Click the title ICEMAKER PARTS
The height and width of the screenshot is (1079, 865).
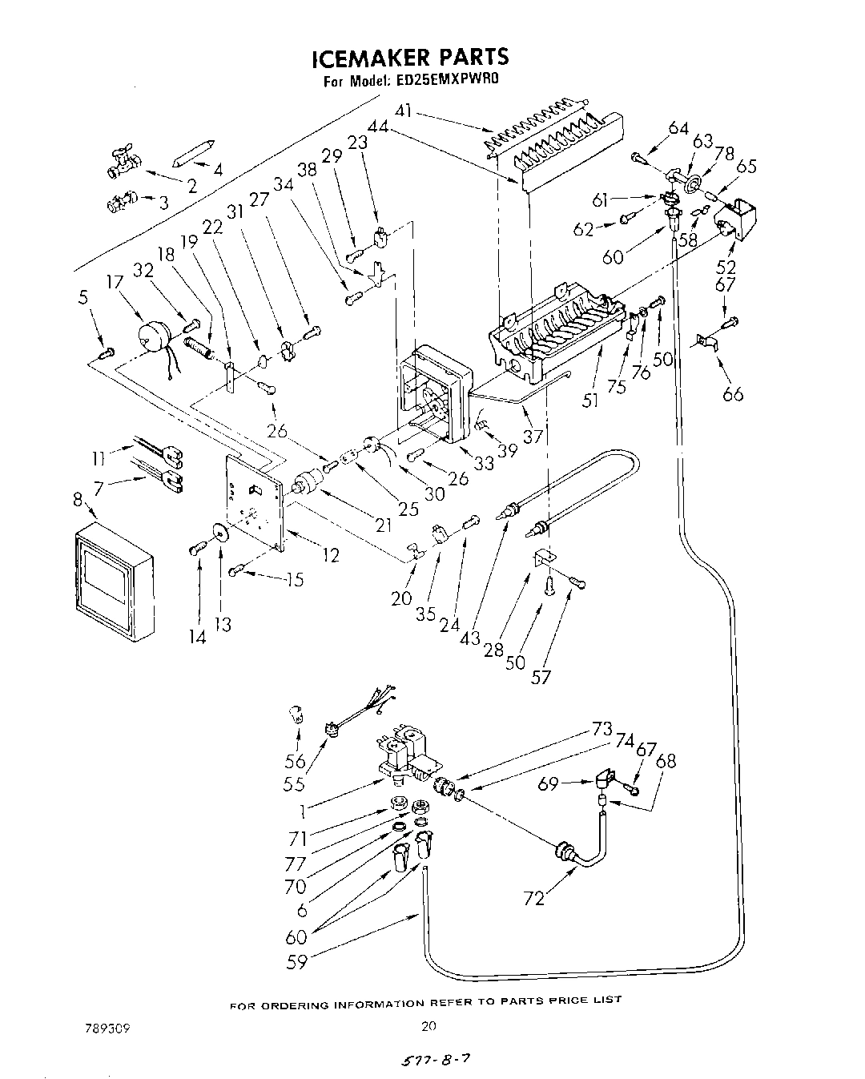click(x=409, y=58)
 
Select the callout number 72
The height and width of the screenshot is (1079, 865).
click(x=534, y=898)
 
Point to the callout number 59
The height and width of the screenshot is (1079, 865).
click(x=296, y=961)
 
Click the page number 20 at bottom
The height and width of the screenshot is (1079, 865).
click(x=429, y=1025)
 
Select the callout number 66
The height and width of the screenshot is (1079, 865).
click(x=733, y=393)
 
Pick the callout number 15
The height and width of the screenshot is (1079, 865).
click(x=294, y=579)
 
